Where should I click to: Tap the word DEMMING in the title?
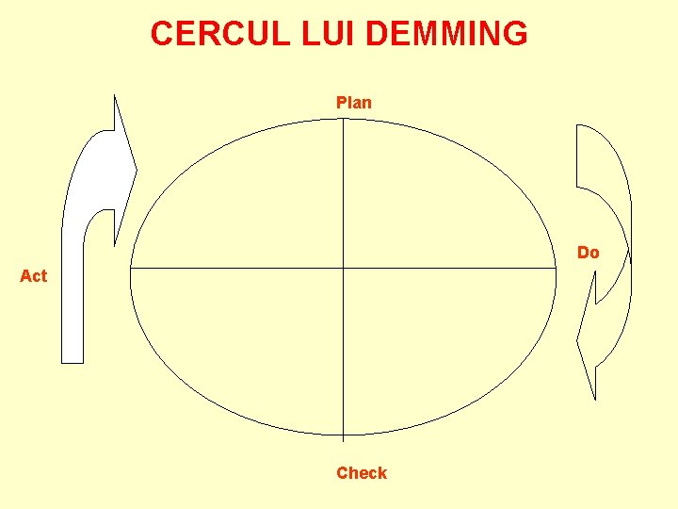(x=446, y=34)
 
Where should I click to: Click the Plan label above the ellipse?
(x=354, y=103)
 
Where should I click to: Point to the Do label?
(x=588, y=253)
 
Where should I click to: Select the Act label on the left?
(x=33, y=276)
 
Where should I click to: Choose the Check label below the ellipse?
(x=362, y=473)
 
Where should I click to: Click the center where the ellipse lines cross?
(x=344, y=269)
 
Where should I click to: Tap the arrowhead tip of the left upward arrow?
(x=137, y=172)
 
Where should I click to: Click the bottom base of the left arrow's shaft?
(x=73, y=361)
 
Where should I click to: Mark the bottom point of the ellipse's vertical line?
(x=344, y=437)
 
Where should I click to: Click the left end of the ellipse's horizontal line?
(x=131, y=269)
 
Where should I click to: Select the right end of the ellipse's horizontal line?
(x=557, y=269)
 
